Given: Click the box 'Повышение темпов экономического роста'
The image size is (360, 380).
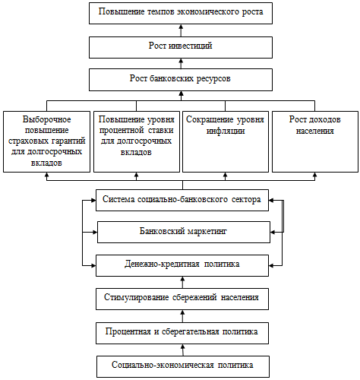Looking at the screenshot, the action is pyautogui.click(x=181, y=14).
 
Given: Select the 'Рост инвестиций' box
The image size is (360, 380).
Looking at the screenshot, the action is pyautogui.click(x=181, y=47).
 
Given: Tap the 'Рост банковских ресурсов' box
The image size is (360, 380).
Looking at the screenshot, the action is pyautogui.click(x=181, y=80).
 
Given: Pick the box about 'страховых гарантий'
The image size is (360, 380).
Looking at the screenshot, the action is pyautogui.click(x=46, y=141).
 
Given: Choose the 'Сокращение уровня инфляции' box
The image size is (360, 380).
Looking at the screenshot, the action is pyautogui.click(x=226, y=141).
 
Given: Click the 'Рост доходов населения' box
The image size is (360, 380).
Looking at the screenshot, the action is pyautogui.click(x=315, y=141).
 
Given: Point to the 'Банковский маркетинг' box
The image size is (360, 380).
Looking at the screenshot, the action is pyautogui.click(x=184, y=232).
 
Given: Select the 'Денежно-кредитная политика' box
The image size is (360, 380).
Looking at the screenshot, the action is pyautogui.click(x=182, y=265).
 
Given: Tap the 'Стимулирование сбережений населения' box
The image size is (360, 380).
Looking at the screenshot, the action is pyautogui.click(x=182, y=299).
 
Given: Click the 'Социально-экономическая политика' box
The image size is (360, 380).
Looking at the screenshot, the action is pyautogui.click(x=183, y=366).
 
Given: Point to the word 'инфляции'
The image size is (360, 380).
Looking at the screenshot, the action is pyautogui.click(x=226, y=131).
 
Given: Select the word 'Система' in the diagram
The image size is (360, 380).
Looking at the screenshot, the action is pyautogui.click(x=118, y=199).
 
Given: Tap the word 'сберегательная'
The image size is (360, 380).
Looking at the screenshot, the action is pyautogui.click(x=190, y=331).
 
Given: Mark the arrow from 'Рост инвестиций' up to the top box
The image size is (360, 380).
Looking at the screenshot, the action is pyautogui.click(x=181, y=30).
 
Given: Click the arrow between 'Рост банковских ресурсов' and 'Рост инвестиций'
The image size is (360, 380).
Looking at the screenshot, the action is pyautogui.click(x=181, y=63).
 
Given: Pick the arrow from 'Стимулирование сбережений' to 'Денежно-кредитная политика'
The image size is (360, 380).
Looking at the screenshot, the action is pyautogui.click(x=182, y=282).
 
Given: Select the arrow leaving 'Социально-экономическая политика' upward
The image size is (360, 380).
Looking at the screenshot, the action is pyautogui.click(x=183, y=350).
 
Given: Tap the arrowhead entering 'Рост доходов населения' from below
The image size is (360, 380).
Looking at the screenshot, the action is pyautogui.click(x=315, y=175).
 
